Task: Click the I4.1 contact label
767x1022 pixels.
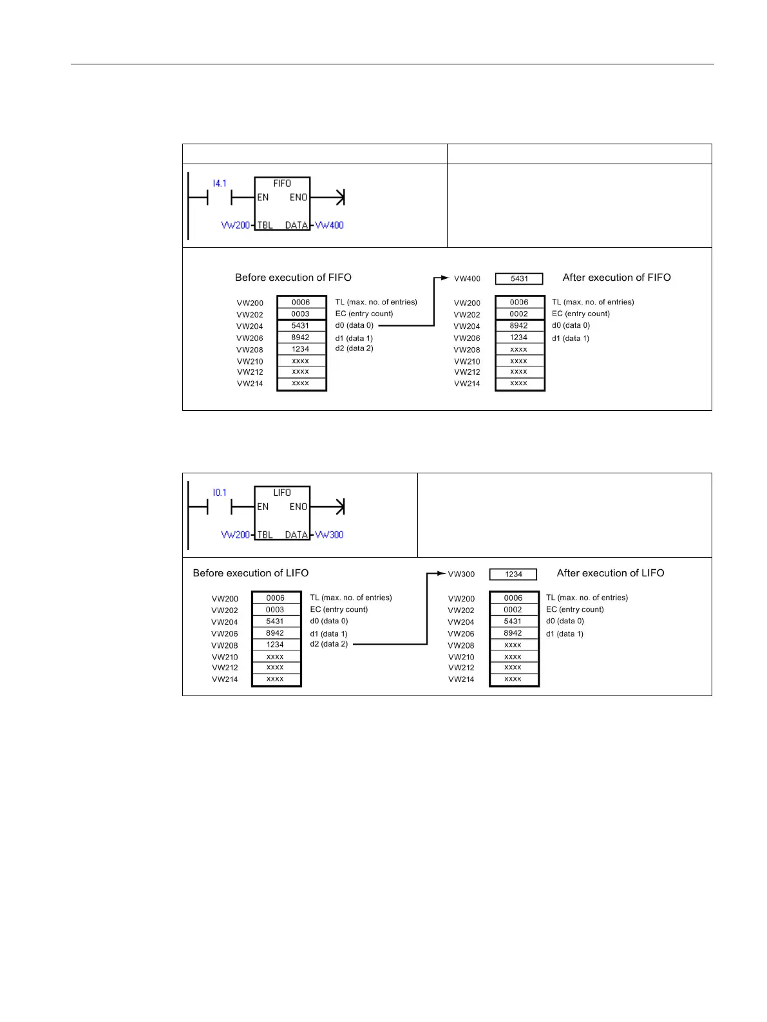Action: pos(220,184)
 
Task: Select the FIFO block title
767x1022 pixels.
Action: pos(282,184)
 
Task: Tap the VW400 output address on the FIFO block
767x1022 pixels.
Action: pos(329,225)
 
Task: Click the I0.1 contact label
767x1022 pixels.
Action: pos(220,493)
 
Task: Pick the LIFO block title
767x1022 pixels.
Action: pos(282,493)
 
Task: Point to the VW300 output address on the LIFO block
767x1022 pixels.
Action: pos(329,535)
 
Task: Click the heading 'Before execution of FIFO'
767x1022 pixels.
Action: pos(293,278)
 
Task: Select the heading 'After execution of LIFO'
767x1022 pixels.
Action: pos(610,573)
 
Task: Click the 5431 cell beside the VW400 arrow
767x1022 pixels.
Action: pos(519,279)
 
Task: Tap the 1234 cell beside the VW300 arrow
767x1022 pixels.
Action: pos(513,574)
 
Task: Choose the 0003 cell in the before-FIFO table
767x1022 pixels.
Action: pos(301,314)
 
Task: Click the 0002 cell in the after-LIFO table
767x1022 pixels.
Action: pos(513,610)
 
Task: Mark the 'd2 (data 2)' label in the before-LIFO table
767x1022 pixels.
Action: pos(328,644)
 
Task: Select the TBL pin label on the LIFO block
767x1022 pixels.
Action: pos(265,535)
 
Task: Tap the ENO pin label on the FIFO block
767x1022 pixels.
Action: pos(298,198)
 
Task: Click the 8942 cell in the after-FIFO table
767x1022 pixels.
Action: pos(519,326)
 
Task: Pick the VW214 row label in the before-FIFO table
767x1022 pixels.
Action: pos(250,384)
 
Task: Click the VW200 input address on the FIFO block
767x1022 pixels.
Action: pos(235,225)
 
